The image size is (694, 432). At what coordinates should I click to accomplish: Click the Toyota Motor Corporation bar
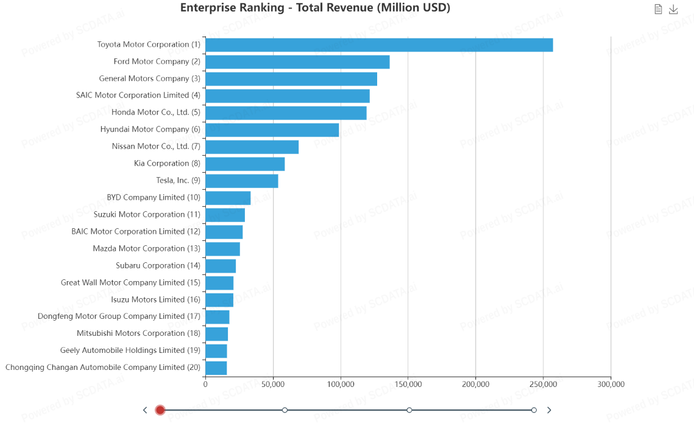[379, 45]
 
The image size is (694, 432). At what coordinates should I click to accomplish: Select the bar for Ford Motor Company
[297, 62]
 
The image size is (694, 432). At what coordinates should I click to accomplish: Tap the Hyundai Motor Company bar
[272, 130]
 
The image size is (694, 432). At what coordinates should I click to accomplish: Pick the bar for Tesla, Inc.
[241, 181]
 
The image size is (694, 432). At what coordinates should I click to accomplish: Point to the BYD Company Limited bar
[228, 198]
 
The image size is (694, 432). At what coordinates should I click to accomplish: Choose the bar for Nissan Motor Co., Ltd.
[252, 147]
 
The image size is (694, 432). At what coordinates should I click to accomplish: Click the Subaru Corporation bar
[221, 266]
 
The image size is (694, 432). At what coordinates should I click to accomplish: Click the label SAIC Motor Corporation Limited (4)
[138, 95]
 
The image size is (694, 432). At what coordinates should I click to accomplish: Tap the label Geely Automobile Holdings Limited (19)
[130, 350]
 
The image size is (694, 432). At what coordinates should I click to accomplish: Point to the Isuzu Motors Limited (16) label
[155, 299]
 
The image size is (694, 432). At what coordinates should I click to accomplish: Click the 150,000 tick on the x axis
[408, 384]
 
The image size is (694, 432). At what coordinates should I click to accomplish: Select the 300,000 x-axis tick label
[611, 384]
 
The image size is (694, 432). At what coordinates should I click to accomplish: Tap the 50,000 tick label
[273, 384]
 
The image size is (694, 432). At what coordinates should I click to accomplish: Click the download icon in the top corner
[673, 9]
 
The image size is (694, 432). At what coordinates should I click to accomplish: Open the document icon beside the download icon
[658, 9]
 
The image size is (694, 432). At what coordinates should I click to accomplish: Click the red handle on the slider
[160, 410]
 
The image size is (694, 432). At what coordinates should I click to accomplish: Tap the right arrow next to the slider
[549, 410]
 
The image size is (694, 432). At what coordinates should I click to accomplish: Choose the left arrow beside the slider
[145, 410]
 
